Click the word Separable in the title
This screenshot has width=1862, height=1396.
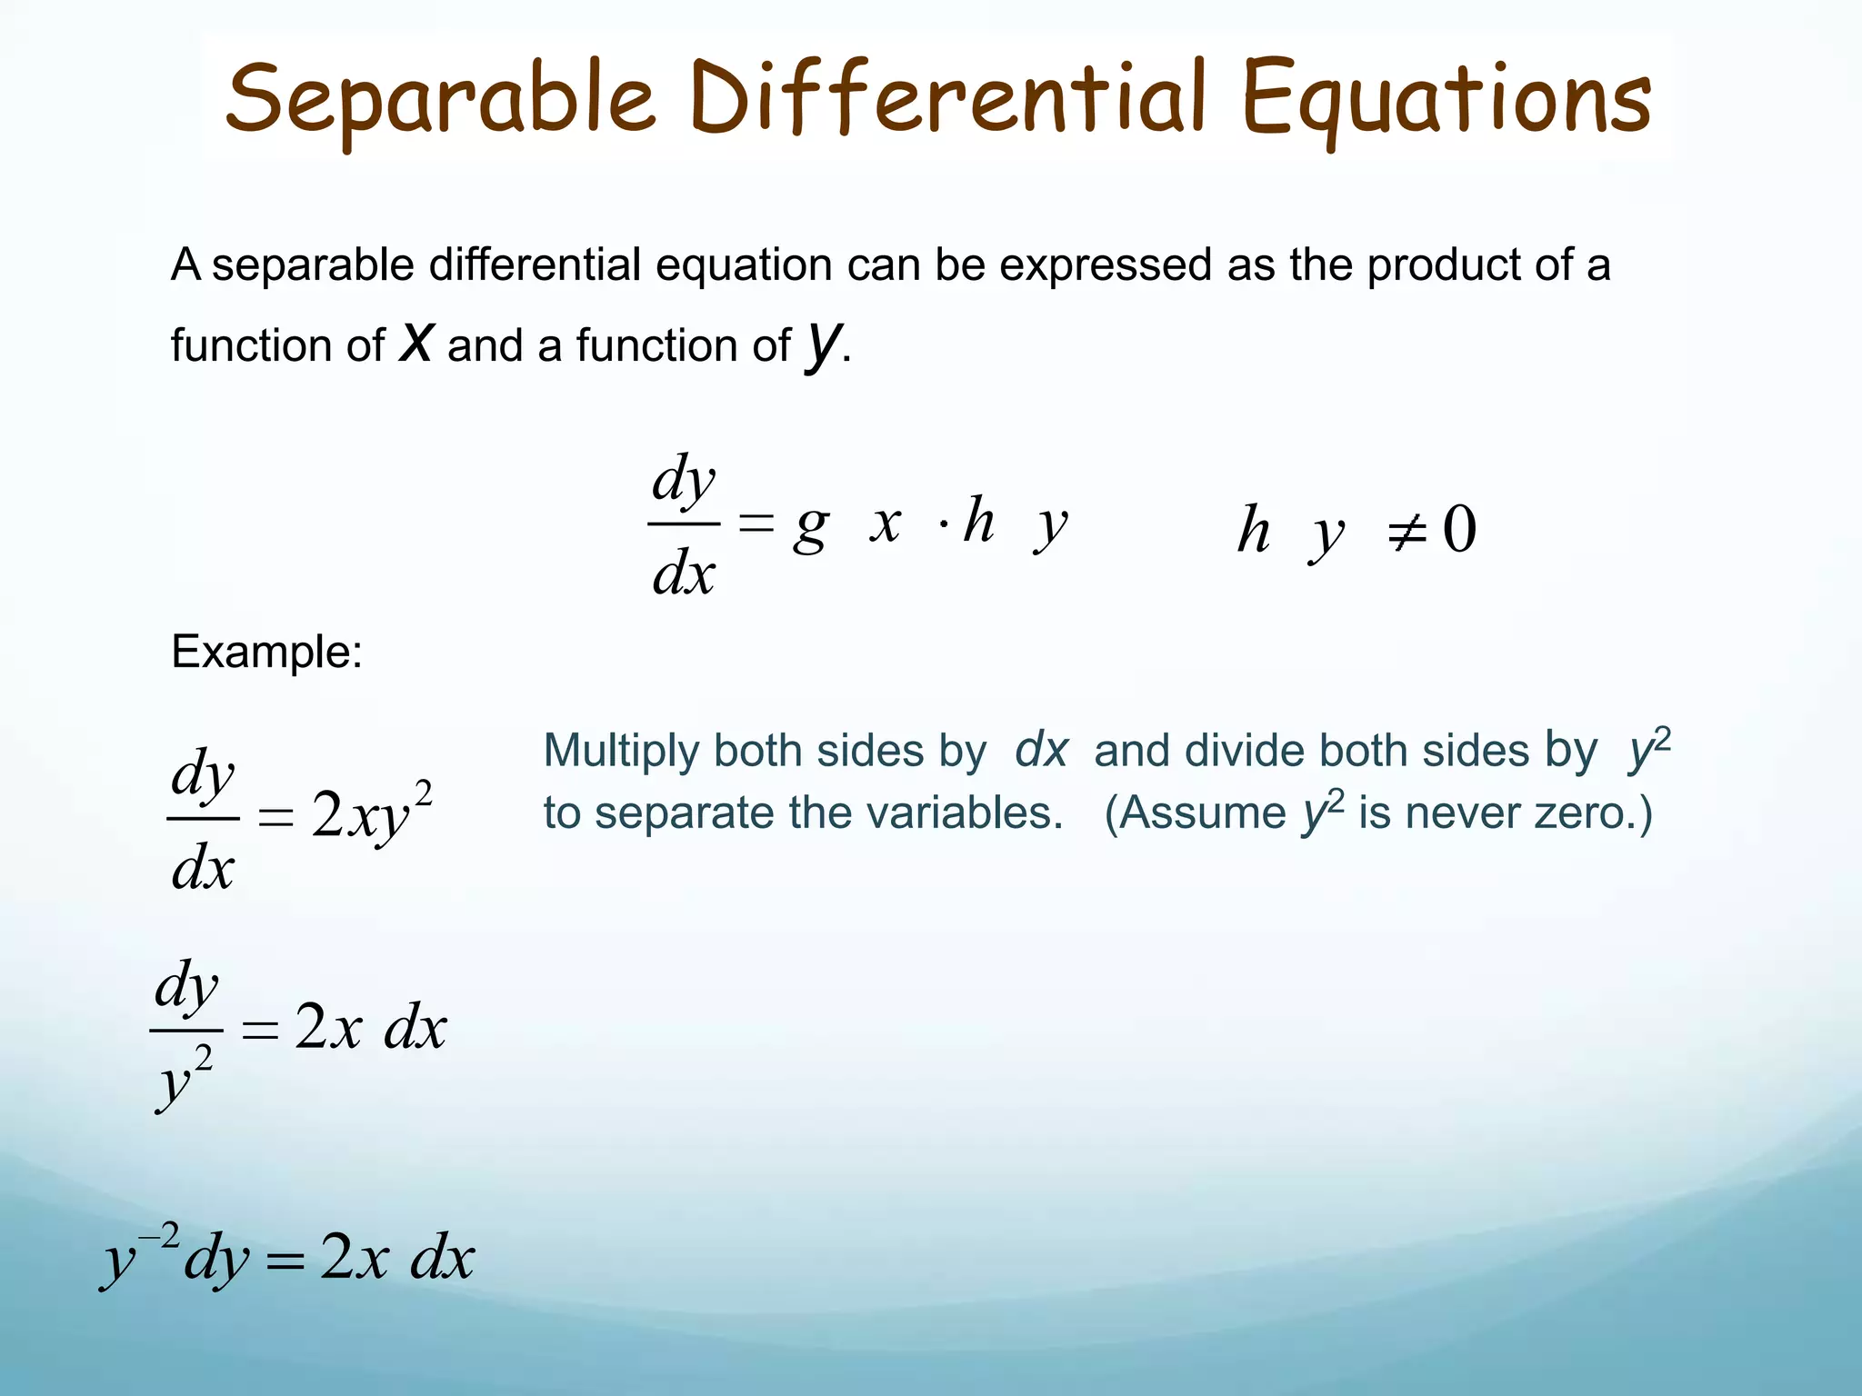[x=440, y=98]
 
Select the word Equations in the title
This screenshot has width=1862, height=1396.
[x=1446, y=98]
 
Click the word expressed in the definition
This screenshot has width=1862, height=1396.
[x=1106, y=265]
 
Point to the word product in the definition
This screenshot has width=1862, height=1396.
[x=1444, y=265]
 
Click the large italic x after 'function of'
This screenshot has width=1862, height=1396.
[x=416, y=344]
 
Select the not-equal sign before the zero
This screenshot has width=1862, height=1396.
[x=1406, y=531]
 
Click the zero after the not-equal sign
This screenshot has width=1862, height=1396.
[x=1458, y=529]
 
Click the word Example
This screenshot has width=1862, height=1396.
[x=266, y=652]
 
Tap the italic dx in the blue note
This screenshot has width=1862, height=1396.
[x=1041, y=751]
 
